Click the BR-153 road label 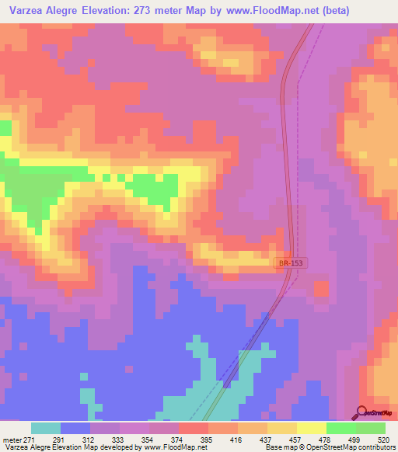[292, 264]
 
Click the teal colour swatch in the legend [46, 428]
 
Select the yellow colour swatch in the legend [312, 428]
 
